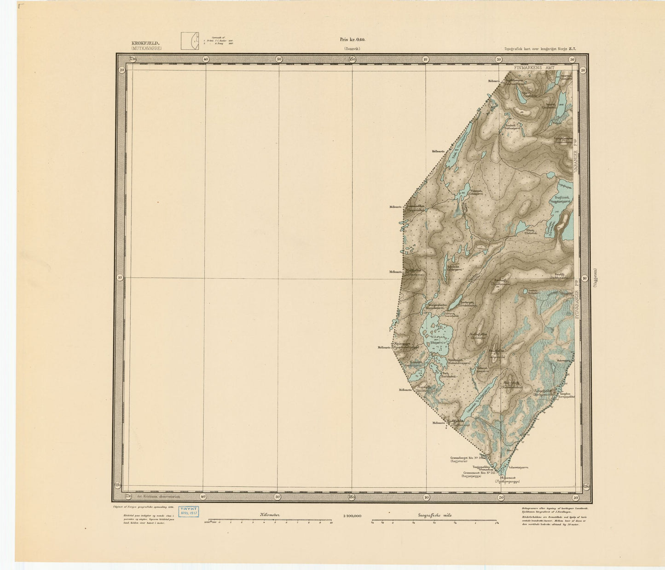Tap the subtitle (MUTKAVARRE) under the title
146,48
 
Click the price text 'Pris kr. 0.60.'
352,40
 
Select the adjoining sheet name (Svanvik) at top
352,49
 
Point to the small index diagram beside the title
189,41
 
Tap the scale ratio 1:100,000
352,516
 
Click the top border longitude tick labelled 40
205,59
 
